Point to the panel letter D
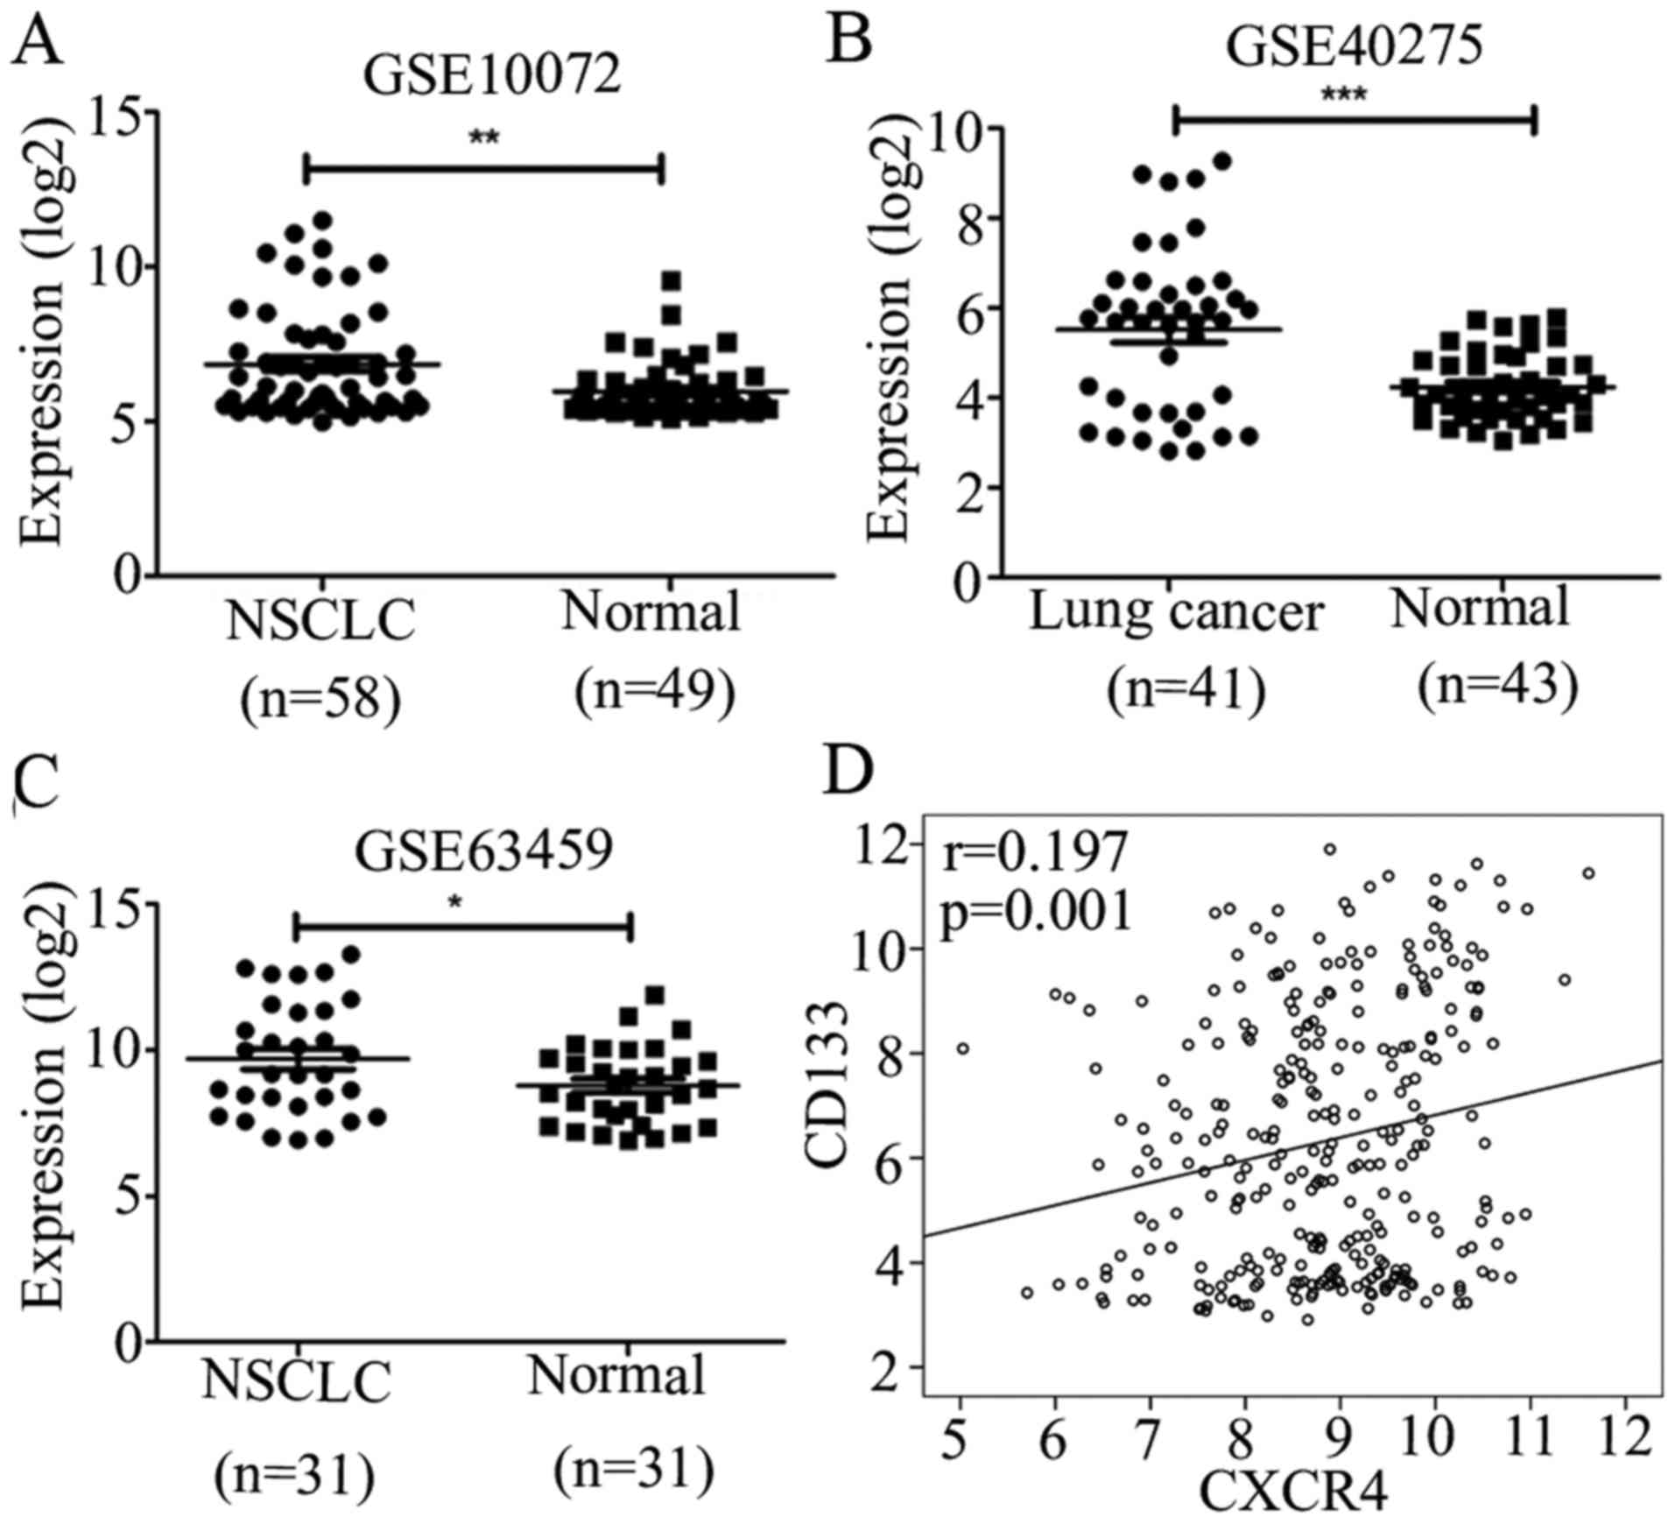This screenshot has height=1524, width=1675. pyautogui.click(x=850, y=770)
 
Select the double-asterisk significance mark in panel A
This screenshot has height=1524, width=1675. pyautogui.click(x=484, y=138)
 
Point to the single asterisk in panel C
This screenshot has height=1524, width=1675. pyautogui.click(x=454, y=902)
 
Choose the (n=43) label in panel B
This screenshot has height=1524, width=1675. pyautogui.click(x=1498, y=685)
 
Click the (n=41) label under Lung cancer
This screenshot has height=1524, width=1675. pyautogui.click(x=1186, y=691)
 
